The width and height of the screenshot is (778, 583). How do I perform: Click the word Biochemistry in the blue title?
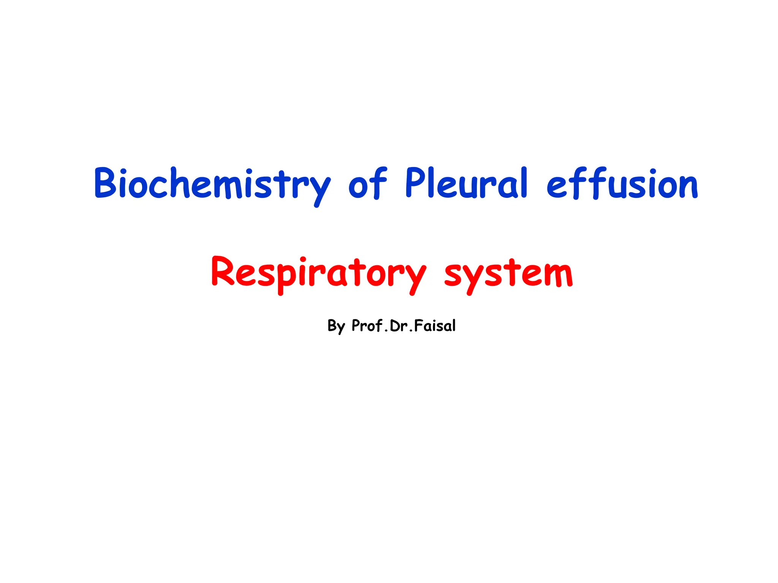212,184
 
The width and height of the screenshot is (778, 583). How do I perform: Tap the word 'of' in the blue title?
367,184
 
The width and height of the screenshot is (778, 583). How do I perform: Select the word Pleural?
466,184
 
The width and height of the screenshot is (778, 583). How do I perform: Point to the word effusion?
622,184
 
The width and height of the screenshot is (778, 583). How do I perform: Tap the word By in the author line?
336,326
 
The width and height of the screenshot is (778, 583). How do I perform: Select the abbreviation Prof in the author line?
367,325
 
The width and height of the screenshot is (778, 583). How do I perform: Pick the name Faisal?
435,326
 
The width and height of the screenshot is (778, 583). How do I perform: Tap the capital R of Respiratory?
223,272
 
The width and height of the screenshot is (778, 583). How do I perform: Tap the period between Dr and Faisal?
411,331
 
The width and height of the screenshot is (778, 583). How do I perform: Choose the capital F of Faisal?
419,325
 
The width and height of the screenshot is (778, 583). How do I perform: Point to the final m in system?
557,275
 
